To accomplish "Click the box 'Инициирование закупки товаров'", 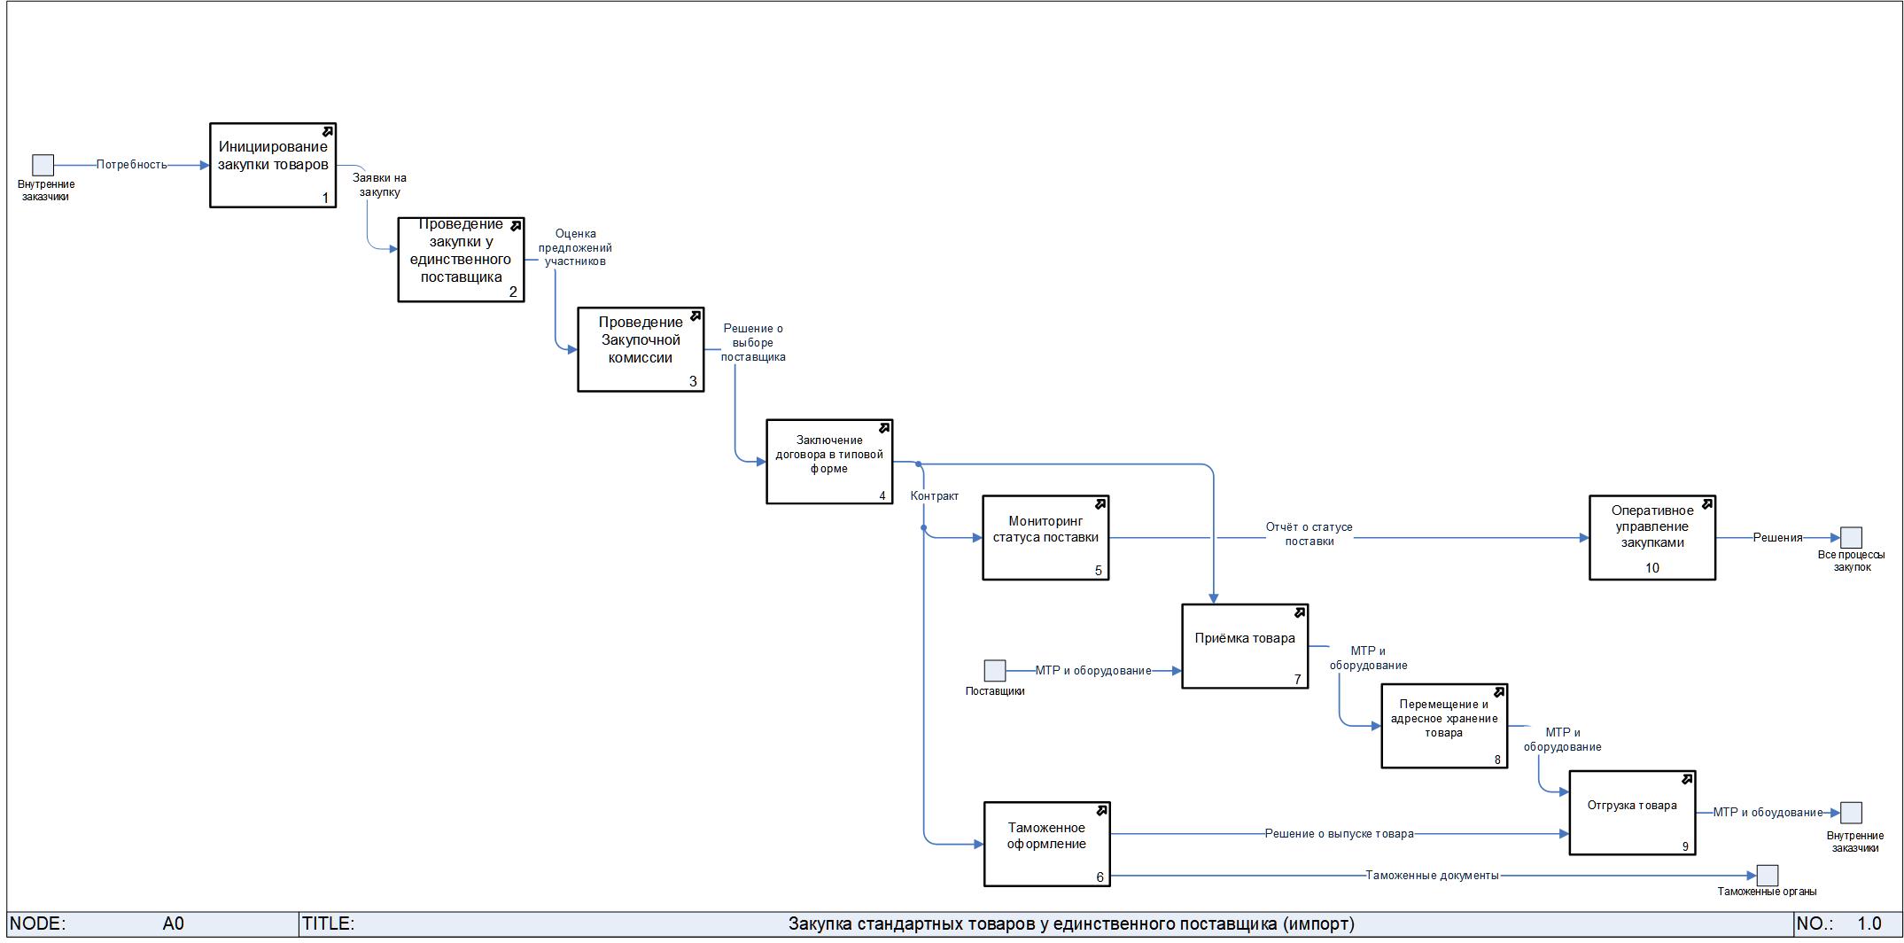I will [272, 165].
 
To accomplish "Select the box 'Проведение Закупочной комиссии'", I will [640, 349].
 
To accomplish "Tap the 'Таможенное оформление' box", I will [1046, 843].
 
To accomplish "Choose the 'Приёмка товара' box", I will [1244, 646].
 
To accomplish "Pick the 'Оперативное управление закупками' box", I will [1651, 537].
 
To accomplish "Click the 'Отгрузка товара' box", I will [1631, 812].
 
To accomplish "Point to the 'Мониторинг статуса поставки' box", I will [1045, 537].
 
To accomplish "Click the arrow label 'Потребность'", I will [131, 165].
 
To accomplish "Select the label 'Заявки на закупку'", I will [379, 185].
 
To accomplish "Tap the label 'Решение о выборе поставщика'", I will [753, 343].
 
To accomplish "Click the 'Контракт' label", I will [934, 496].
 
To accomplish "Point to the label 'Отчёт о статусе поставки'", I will [1309, 534].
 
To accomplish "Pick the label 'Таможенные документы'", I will [1432, 876].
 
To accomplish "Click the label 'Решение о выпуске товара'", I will [1339, 834].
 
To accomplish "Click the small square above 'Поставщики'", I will [995, 670].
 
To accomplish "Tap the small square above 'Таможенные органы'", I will [1767, 876].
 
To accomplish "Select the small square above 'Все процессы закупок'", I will [1851, 537].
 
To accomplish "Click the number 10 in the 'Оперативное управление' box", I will [1651, 568].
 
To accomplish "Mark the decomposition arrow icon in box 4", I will [883, 429].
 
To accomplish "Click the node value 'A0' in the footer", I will [174, 924].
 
